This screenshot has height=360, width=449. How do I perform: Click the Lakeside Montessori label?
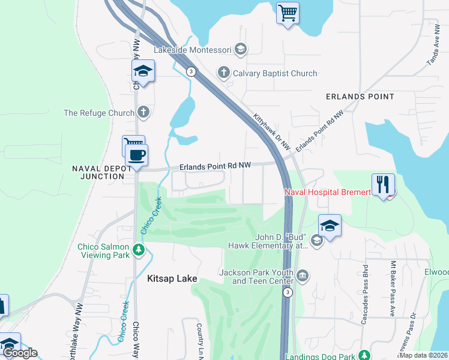pyautogui.click(x=192, y=50)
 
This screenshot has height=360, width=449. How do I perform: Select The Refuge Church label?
pyautogui.click(x=99, y=113)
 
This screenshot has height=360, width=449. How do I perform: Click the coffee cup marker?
pyautogui.click(x=136, y=155)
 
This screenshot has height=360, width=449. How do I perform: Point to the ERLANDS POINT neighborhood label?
pyautogui.click(x=360, y=97)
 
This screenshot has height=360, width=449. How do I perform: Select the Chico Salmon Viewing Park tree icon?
pyautogui.click(x=139, y=249)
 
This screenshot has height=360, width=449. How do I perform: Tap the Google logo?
pyautogui.click(x=20, y=353)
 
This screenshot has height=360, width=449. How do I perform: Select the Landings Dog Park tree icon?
pyautogui.click(x=363, y=355)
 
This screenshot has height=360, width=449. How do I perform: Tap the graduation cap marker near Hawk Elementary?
pyautogui.click(x=330, y=226)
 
